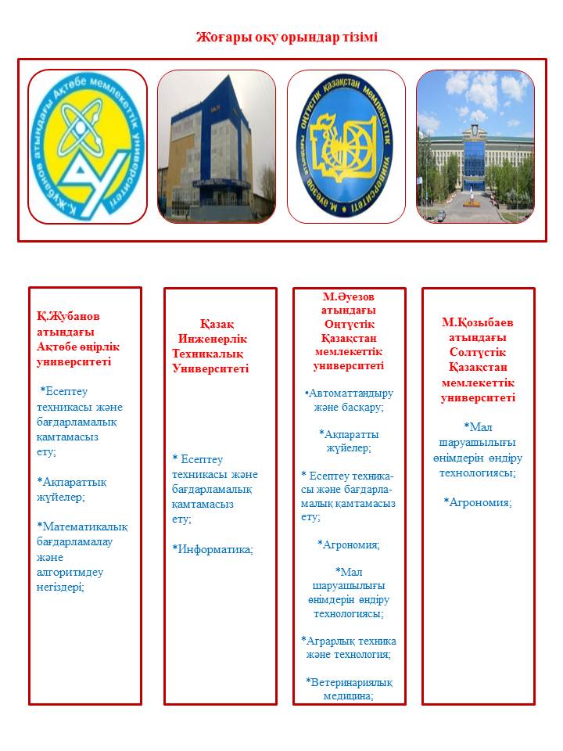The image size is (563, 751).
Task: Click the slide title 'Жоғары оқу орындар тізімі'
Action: (x=286, y=37)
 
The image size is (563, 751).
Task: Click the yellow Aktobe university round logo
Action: (x=87, y=146)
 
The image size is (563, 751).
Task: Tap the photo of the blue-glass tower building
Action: (x=217, y=146)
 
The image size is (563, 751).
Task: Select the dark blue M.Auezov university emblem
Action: (x=346, y=146)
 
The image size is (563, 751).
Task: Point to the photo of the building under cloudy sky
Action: (x=475, y=146)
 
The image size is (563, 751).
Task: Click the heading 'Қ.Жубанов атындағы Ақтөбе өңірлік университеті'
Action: (x=77, y=339)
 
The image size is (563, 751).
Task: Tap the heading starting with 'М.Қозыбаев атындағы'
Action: (x=478, y=360)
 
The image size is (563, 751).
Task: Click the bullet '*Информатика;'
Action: (x=213, y=549)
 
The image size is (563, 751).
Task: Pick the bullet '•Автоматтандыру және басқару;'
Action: (x=349, y=400)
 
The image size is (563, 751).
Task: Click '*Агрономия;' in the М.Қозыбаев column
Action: (x=478, y=502)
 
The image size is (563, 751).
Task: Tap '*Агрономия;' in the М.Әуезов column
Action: (x=349, y=544)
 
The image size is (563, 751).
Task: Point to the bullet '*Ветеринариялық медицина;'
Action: (x=349, y=688)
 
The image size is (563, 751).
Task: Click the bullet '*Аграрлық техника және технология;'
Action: (x=349, y=647)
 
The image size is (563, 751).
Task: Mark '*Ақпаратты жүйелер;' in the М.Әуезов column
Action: (x=349, y=440)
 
